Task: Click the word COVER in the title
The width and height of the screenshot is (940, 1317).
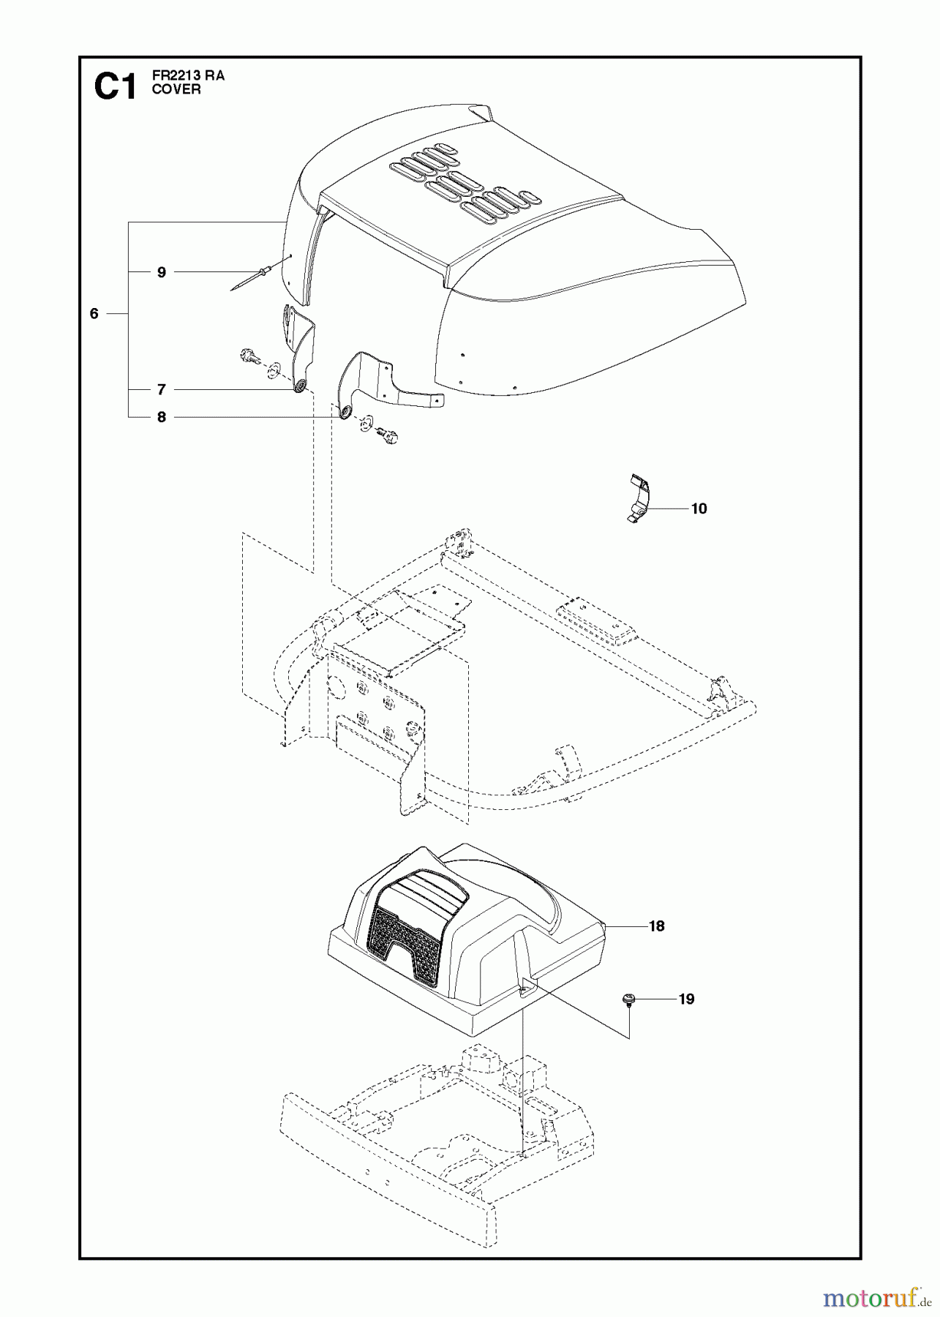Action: click(176, 90)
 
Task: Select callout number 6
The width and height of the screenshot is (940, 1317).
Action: click(94, 314)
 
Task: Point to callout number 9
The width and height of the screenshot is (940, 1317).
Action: click(161, 272)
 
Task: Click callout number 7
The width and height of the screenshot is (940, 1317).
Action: click(161, 389)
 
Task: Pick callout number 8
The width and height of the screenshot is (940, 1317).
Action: click(161, 417)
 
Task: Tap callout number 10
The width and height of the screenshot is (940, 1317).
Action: click(699, 509)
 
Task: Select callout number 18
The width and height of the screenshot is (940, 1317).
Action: click(656, 926)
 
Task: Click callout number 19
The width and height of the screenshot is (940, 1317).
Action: click(685, 999)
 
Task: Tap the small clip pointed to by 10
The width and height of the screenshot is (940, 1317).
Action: click(639, 498)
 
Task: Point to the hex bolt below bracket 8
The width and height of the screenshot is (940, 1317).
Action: click(386, 437)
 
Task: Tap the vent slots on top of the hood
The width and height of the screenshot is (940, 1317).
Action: click(461, 183)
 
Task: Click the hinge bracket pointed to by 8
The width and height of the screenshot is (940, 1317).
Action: click(380, 380)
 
